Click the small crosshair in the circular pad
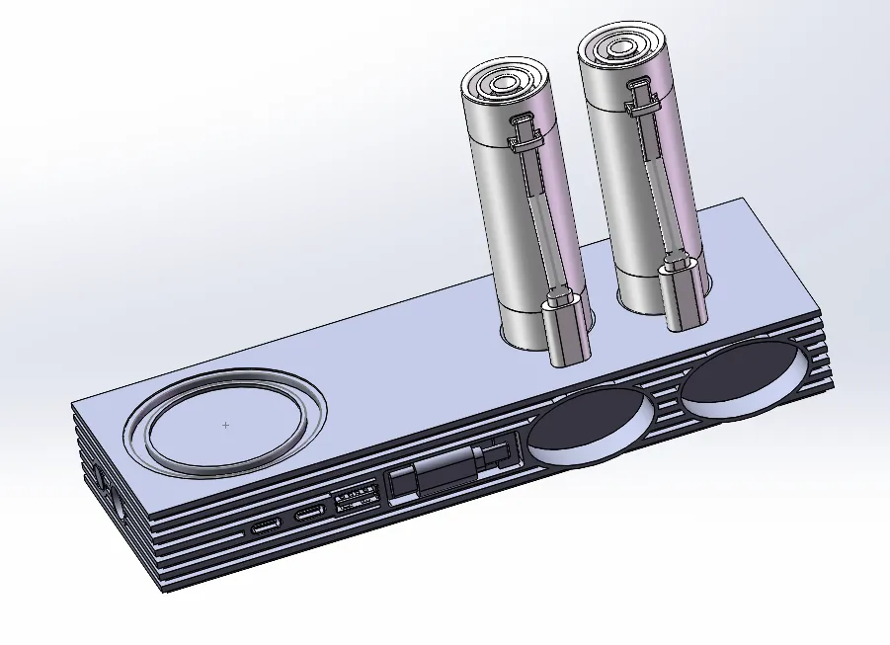click(x=226, y=425)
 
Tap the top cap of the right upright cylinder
click(x=621, y=47)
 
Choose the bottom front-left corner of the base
click(x=162, y=590)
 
